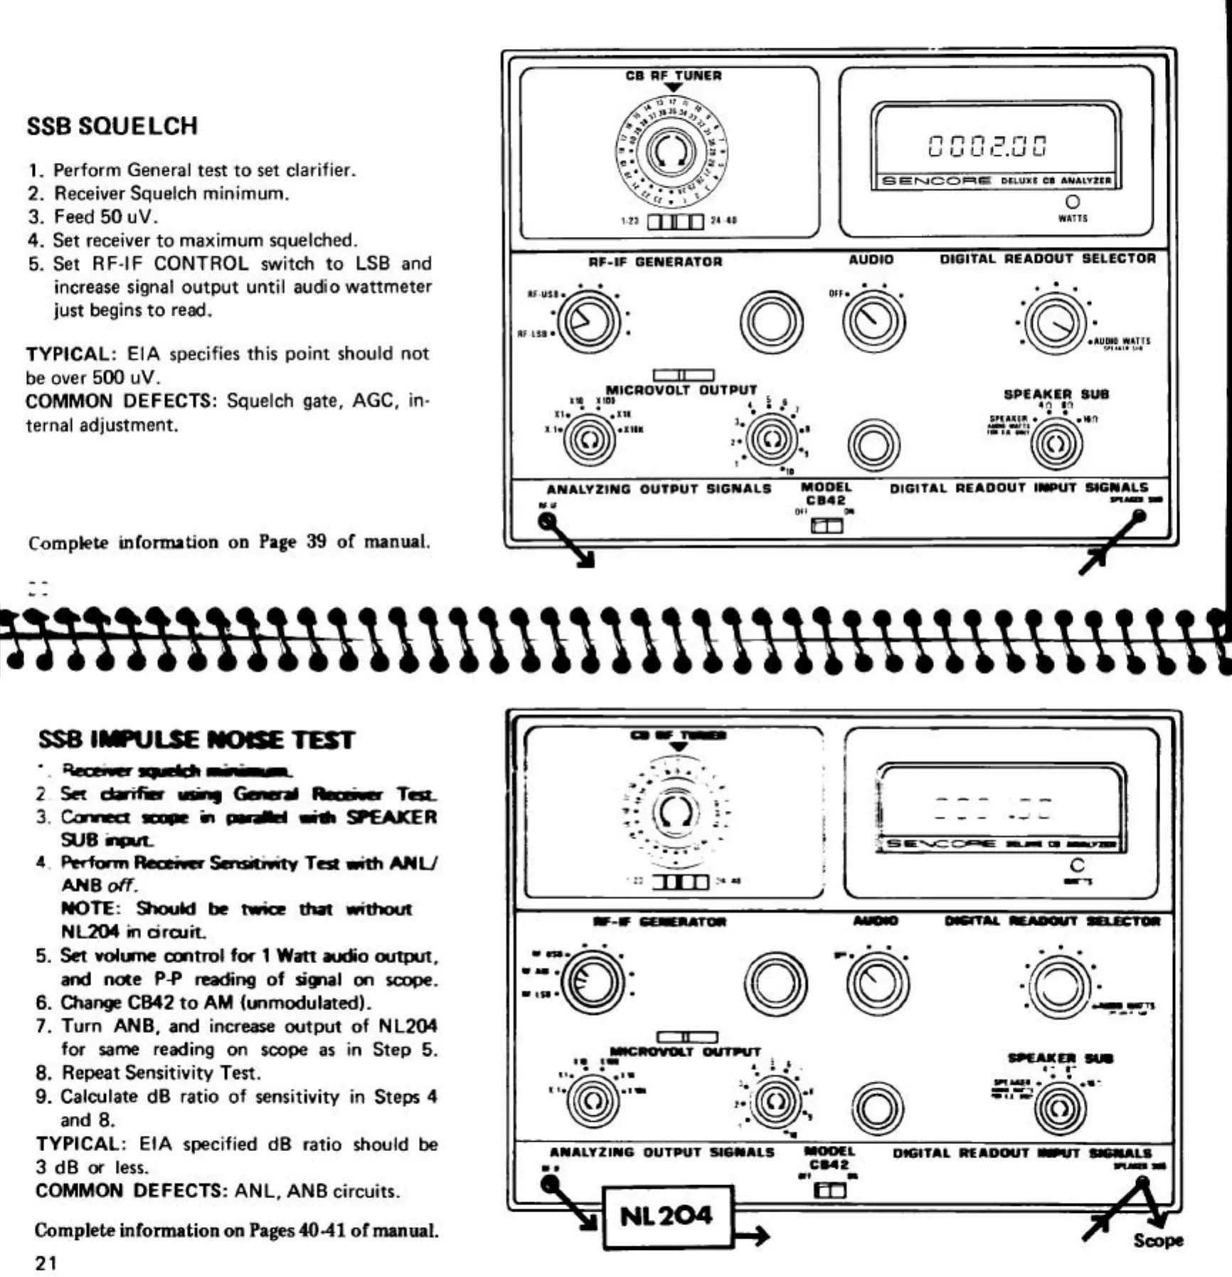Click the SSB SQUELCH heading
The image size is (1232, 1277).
pos(112,126)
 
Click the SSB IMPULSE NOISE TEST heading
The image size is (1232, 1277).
pos(196,740)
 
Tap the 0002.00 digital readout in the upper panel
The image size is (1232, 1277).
pos(988,146)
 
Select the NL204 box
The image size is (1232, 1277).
pos(667,1216)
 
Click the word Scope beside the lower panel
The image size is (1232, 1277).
pos(1157,1240)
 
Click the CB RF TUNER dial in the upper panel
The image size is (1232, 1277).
pos(671,151)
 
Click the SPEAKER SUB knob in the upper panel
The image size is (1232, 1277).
pos(1056,444)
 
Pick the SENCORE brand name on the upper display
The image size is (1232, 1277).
pos(936,181)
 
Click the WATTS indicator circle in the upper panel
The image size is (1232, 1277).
pos(1072,202)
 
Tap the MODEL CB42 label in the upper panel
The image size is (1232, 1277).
pos(826,493)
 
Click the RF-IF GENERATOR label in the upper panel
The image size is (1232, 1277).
pos(655,261)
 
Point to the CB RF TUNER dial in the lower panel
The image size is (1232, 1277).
pos(674,812)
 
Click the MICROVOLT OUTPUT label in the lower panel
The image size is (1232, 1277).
pos(685,1051)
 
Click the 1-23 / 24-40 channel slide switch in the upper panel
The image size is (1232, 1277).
pos(675,221)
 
